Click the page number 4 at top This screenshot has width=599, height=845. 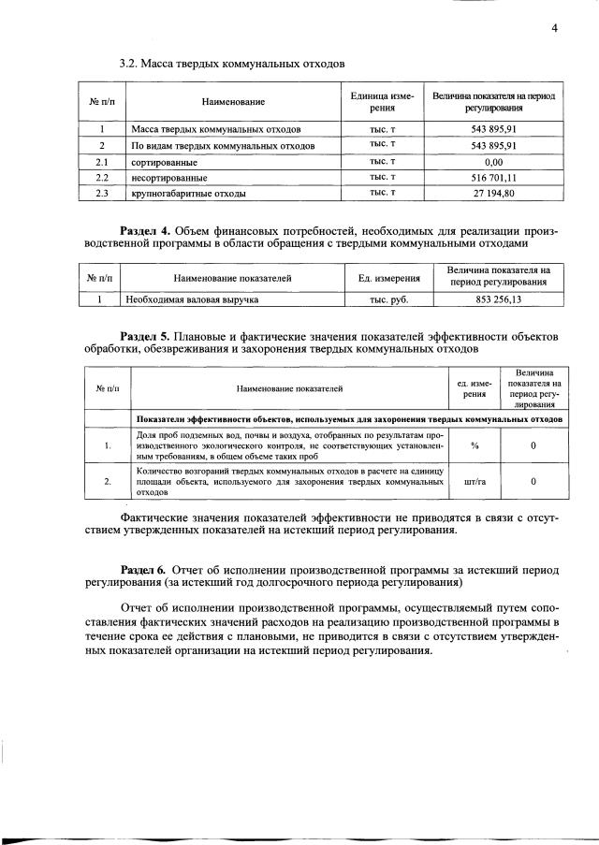554,28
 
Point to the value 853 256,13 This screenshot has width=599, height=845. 498,300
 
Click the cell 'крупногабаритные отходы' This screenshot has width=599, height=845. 188,194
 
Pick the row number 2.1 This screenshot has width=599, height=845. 103,161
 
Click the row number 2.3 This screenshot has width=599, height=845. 103,194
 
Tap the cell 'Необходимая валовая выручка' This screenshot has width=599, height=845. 194,300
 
